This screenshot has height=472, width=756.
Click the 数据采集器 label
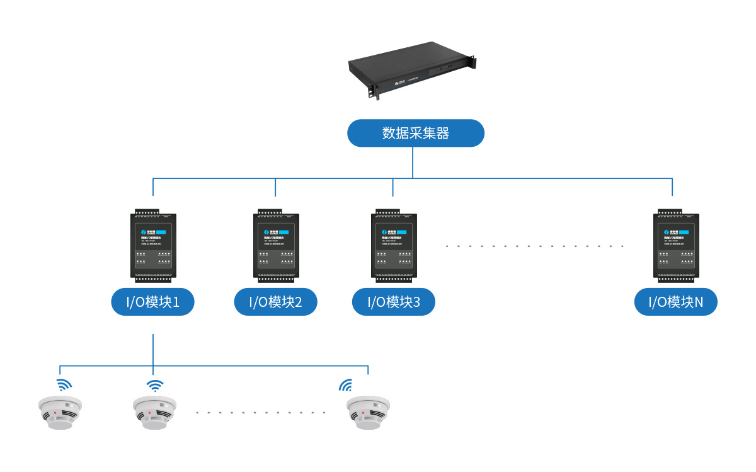[x=416, y=134]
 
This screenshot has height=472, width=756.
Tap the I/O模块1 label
[x=153, y=302]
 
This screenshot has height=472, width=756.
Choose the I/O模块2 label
[x=275, y=302]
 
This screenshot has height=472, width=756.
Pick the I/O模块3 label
[x=393, y=302]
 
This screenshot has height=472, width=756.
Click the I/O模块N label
[x=675, y=302]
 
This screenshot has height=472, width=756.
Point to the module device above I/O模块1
[x=153, y=245]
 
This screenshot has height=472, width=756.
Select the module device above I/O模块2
[x=275, y=245]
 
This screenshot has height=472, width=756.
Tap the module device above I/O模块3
[x=393, y=245]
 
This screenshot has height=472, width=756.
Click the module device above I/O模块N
[x=675, y=245]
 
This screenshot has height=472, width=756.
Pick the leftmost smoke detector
[x=60, y=413]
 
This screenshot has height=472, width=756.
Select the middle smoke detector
[x=154, y=413]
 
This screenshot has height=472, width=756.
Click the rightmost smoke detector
[x=369, y=413]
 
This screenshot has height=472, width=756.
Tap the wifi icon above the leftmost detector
[x=64, y=385]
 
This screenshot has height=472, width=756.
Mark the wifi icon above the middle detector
[x=154, y=385]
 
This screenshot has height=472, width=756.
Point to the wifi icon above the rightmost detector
[x=346, y=385]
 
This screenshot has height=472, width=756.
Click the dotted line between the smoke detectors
[x=260, y=413]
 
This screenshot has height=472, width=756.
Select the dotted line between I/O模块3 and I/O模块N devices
[x=535, y=246]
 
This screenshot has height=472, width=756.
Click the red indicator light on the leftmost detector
[x=55, y=413]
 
